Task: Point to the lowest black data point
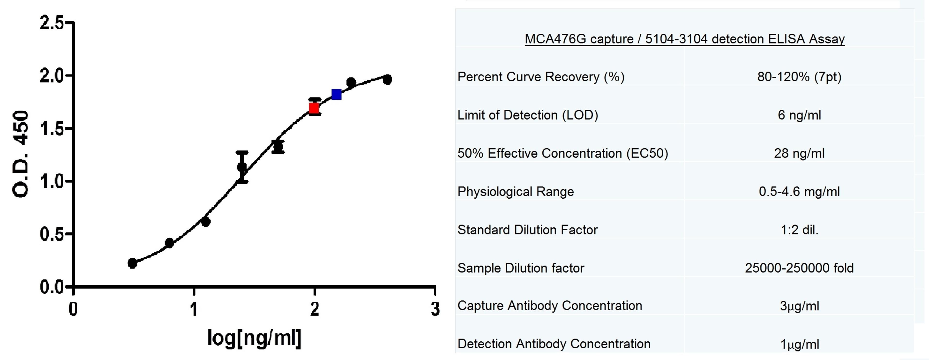(132, 263)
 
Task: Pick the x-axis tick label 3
(435, 309)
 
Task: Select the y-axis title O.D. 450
(21, 154)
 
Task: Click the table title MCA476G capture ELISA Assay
(684, 39)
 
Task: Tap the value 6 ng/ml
(799, 115)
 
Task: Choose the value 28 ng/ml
(799, 153)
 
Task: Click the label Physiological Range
(515, 192)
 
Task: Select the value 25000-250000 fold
(799, 268)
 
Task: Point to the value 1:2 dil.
(799, 230)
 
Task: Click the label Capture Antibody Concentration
(550, 306)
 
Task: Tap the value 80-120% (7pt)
(799, 77)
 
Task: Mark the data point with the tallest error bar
(242, 167)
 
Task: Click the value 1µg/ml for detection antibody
(799, 344)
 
